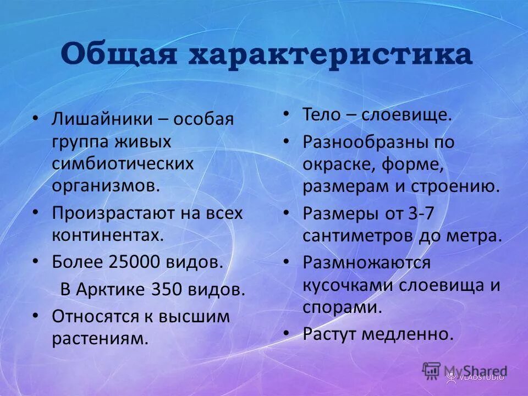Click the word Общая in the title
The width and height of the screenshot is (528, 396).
tap(119, 55)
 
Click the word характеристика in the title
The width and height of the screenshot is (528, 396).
tap(330, 55)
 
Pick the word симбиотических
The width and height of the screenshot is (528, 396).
tap(123, 164)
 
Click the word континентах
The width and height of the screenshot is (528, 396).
tap(108, 236)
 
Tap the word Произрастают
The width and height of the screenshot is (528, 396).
tap(112, 213)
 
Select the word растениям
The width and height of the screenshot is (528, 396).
tap(100, 339)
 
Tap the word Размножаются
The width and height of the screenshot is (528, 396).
tap(366, 262)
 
